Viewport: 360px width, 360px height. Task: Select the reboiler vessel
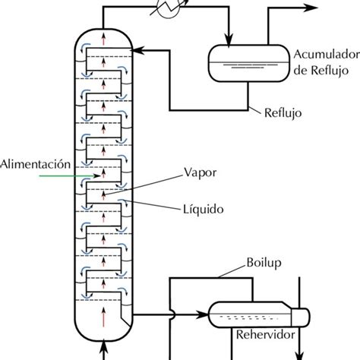coord(254,311)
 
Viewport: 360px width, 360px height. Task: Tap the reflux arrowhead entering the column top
coord(136,49)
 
